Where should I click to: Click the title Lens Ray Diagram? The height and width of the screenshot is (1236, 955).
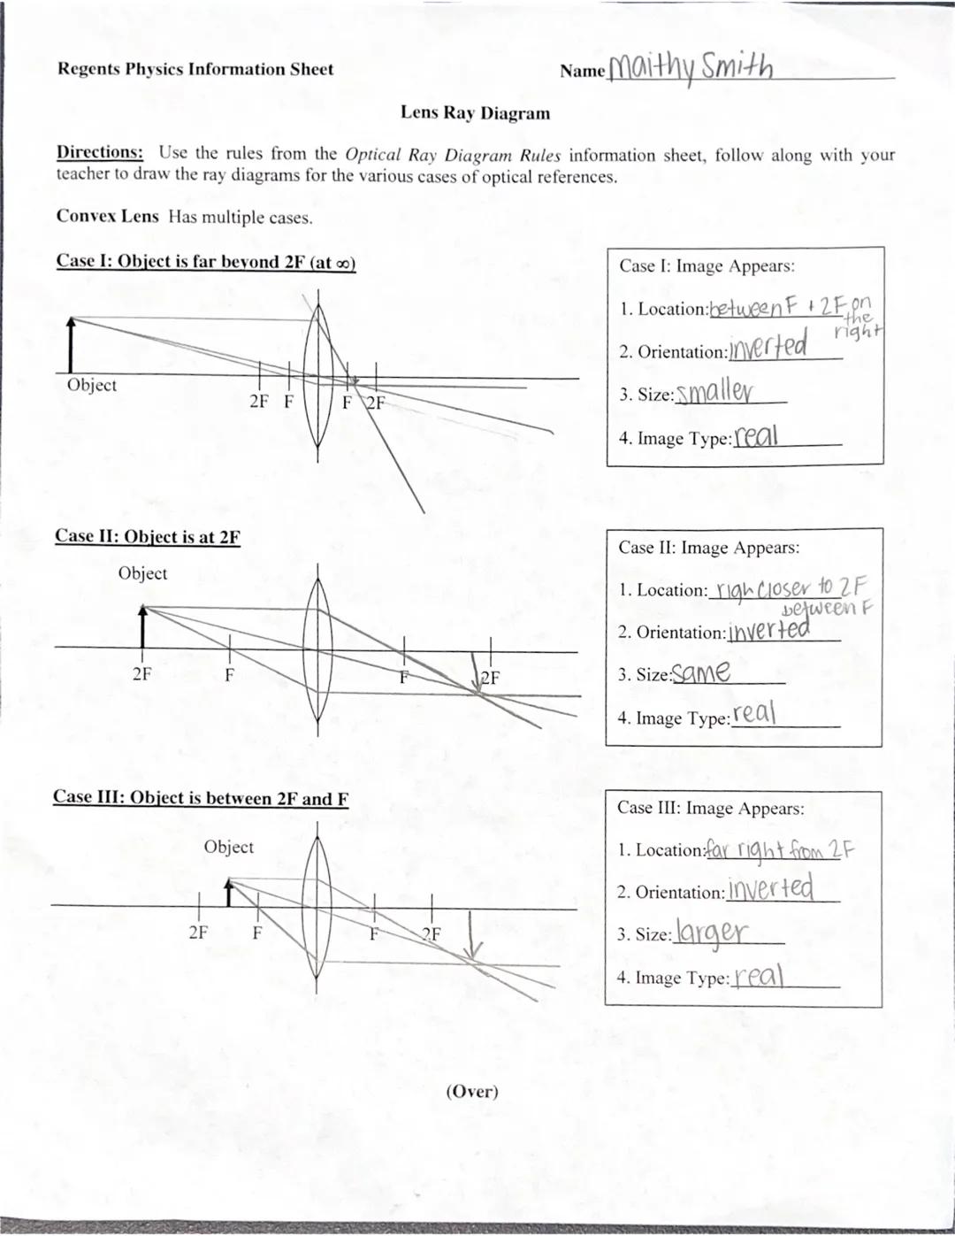coord(475,113)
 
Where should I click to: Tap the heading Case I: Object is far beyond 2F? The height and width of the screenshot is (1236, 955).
coord(205,262)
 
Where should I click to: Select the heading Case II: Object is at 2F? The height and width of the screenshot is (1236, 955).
coord(147,537)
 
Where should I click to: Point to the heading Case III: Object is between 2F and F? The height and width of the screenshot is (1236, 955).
coord(200,798)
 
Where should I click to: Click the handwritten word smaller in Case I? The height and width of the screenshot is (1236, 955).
coord(714,392)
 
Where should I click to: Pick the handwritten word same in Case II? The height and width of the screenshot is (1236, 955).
coord(700,673)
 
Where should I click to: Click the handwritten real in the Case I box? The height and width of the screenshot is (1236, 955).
coord(756,435)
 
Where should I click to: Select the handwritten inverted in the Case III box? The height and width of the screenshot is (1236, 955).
coord(769,888)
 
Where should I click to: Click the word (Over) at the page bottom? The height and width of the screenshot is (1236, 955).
coord(472,1091)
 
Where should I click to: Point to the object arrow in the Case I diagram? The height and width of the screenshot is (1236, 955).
coord(71,345)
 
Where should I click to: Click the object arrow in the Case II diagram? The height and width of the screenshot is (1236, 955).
coord(143,626)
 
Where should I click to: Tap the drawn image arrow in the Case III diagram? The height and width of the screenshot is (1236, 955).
coord(473,935)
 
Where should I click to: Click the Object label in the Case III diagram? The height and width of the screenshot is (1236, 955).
coord(228,847)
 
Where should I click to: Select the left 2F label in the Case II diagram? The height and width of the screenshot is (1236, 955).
coord(141,674)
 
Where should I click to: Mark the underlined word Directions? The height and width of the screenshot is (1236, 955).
coord(99,152)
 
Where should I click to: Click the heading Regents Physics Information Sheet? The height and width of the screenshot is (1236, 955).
coord(195,69)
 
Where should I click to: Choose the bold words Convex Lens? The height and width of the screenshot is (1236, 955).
coord(108,217)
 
